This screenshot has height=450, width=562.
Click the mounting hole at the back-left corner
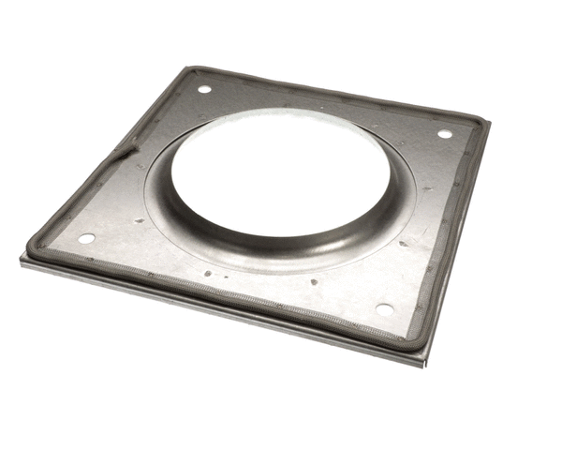tap(203, 89)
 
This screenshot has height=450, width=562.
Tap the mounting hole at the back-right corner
tap(444, 133)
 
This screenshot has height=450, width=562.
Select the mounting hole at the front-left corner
tap(86, 238)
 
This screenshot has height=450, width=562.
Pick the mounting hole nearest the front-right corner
tap(384, 308)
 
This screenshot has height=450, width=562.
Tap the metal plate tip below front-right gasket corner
tap(426, 360)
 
